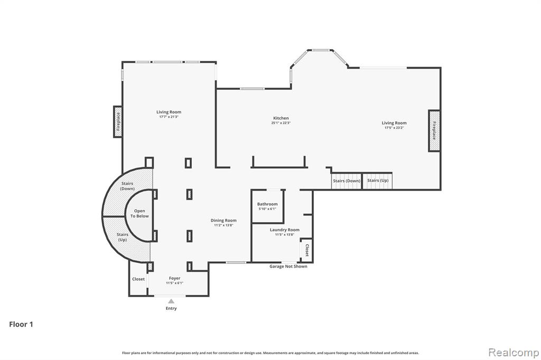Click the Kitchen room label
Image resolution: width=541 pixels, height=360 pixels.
tap(281, 118)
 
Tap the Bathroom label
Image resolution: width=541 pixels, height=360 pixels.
tap(267, 204)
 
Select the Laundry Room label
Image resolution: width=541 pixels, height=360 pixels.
tap(284, 230)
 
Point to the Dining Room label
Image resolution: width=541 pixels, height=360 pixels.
tap(223, 220)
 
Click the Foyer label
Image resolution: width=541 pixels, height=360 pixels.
tap(174, 278)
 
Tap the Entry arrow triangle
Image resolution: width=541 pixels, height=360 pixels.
tap(171, 301)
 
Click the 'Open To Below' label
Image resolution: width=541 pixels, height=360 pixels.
tap(139, 213)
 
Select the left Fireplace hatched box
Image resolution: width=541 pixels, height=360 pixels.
tap(118, 121)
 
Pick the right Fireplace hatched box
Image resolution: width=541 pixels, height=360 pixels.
tap(434, 130)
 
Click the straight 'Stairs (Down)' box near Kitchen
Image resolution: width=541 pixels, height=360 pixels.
tap(346, 181)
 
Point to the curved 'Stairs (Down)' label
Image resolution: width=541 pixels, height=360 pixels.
tap(127, 186)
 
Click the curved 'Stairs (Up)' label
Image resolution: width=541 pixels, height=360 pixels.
tap(123, 237)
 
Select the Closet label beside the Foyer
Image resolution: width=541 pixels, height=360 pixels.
tap(138, 279)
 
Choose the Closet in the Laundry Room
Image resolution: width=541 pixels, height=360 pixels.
tap(306, 250)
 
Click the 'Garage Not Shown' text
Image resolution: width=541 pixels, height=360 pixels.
tap(288, 267)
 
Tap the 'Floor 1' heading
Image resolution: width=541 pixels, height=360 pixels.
tap(21, 325)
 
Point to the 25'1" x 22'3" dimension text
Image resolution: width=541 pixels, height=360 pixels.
tap(281, 123)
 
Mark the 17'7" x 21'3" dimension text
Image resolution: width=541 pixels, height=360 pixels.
tap(169, 117)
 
